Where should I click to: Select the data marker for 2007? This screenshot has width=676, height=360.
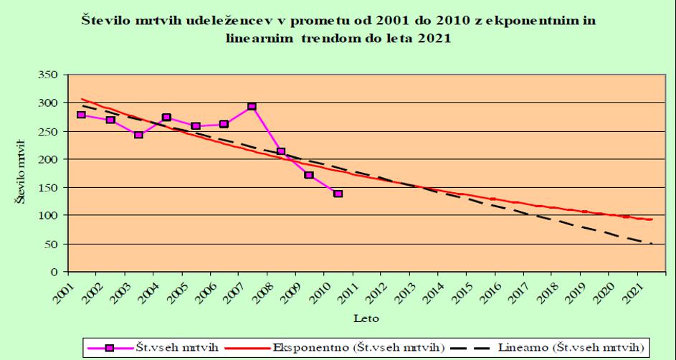(x=252, y=107)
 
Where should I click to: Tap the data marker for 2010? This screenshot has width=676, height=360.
(x=338, y=194)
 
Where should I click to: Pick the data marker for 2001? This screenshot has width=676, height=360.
(x=81, y=115)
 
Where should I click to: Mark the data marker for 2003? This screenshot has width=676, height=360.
(x=138, y=135)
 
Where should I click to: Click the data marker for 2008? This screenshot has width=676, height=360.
(x=281, y=151)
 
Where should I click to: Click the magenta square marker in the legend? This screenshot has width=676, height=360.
(x=110, y=348)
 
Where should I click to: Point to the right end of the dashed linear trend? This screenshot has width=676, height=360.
(x=652, y=244)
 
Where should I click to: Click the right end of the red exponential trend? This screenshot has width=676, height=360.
(x=652, y=219)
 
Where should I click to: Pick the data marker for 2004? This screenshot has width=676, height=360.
(x=166, y=118)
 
